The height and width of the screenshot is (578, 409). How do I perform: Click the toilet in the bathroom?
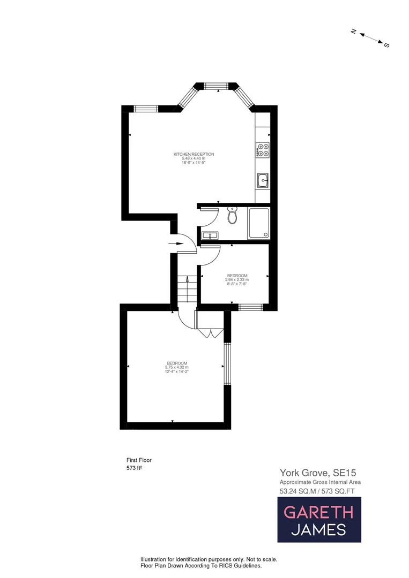point(232,215)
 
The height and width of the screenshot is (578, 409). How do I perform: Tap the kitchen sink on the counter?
point(263,180)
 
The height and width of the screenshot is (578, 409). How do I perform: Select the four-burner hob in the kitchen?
point(263,150)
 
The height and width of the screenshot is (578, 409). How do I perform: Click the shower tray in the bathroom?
point(258,223)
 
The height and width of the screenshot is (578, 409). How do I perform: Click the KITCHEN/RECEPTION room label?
point(190,155)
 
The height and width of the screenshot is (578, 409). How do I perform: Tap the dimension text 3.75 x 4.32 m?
point(177,367)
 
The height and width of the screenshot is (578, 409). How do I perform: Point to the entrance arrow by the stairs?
point(175,244)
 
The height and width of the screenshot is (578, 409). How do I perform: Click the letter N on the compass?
point(354,32)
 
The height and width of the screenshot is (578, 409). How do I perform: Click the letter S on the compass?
point(386,45)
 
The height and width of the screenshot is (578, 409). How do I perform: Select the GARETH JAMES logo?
point(319,520)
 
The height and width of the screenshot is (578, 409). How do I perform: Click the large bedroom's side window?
point(226,364)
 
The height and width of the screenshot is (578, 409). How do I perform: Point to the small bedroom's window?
point(250,307)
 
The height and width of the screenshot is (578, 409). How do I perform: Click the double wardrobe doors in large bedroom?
point(208,332)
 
